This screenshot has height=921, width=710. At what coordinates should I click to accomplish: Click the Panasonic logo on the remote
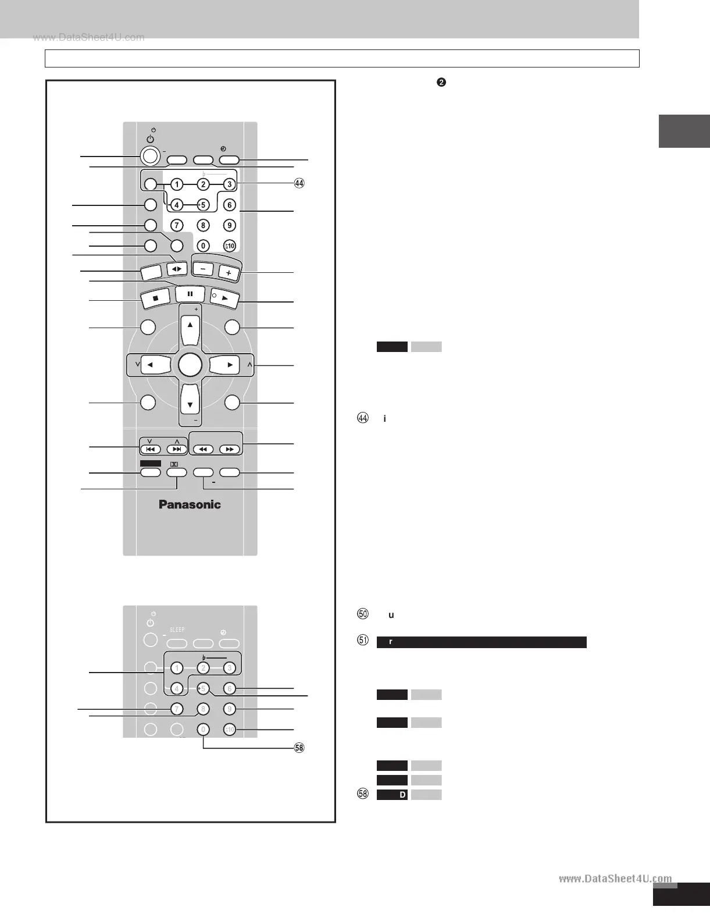point(190,504)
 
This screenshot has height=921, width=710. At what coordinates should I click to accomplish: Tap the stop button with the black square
point(156,297)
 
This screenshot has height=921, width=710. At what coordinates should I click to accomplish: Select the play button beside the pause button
point(225,298)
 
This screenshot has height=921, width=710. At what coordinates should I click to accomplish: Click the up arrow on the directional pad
point(190,324)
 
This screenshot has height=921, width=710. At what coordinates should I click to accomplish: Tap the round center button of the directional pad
point(190,365)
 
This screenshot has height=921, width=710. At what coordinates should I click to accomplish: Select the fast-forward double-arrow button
point(230,449)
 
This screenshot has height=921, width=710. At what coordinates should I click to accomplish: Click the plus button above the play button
point(229,272)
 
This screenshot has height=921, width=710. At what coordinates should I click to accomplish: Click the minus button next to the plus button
point(203,269)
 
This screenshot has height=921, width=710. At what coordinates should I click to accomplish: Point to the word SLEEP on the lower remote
point(177,630)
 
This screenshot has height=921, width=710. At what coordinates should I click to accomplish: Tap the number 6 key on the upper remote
point(230,205)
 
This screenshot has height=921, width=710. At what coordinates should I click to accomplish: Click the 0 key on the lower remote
point(203,729)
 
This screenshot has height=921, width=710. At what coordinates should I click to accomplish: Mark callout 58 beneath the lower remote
point(299,748)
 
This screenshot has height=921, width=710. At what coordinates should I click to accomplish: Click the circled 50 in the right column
point(363,614)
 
